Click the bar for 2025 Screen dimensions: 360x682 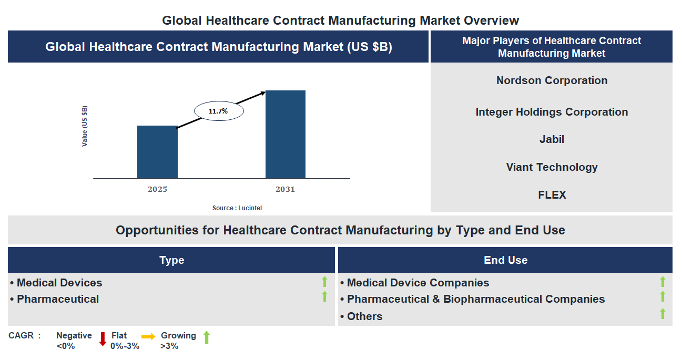157,152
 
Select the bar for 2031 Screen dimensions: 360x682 285,135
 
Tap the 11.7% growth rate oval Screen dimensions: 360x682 219,111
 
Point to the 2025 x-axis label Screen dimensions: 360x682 157,189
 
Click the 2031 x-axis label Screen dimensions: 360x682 285,189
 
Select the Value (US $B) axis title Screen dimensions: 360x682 85,126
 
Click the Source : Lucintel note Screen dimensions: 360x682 237,208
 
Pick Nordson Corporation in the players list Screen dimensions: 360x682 552,80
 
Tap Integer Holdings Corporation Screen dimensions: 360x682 552,112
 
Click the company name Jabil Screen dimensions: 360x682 552,139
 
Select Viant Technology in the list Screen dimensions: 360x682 552,167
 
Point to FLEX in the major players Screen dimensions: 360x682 552,195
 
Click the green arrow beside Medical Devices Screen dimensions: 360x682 324,282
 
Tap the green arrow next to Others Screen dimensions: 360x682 663,314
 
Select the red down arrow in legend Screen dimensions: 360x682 103,339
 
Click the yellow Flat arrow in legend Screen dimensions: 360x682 148,337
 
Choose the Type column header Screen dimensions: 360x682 171,260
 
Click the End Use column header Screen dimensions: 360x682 505,260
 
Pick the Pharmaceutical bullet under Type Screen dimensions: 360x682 57,299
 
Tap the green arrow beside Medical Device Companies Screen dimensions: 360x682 663,282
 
